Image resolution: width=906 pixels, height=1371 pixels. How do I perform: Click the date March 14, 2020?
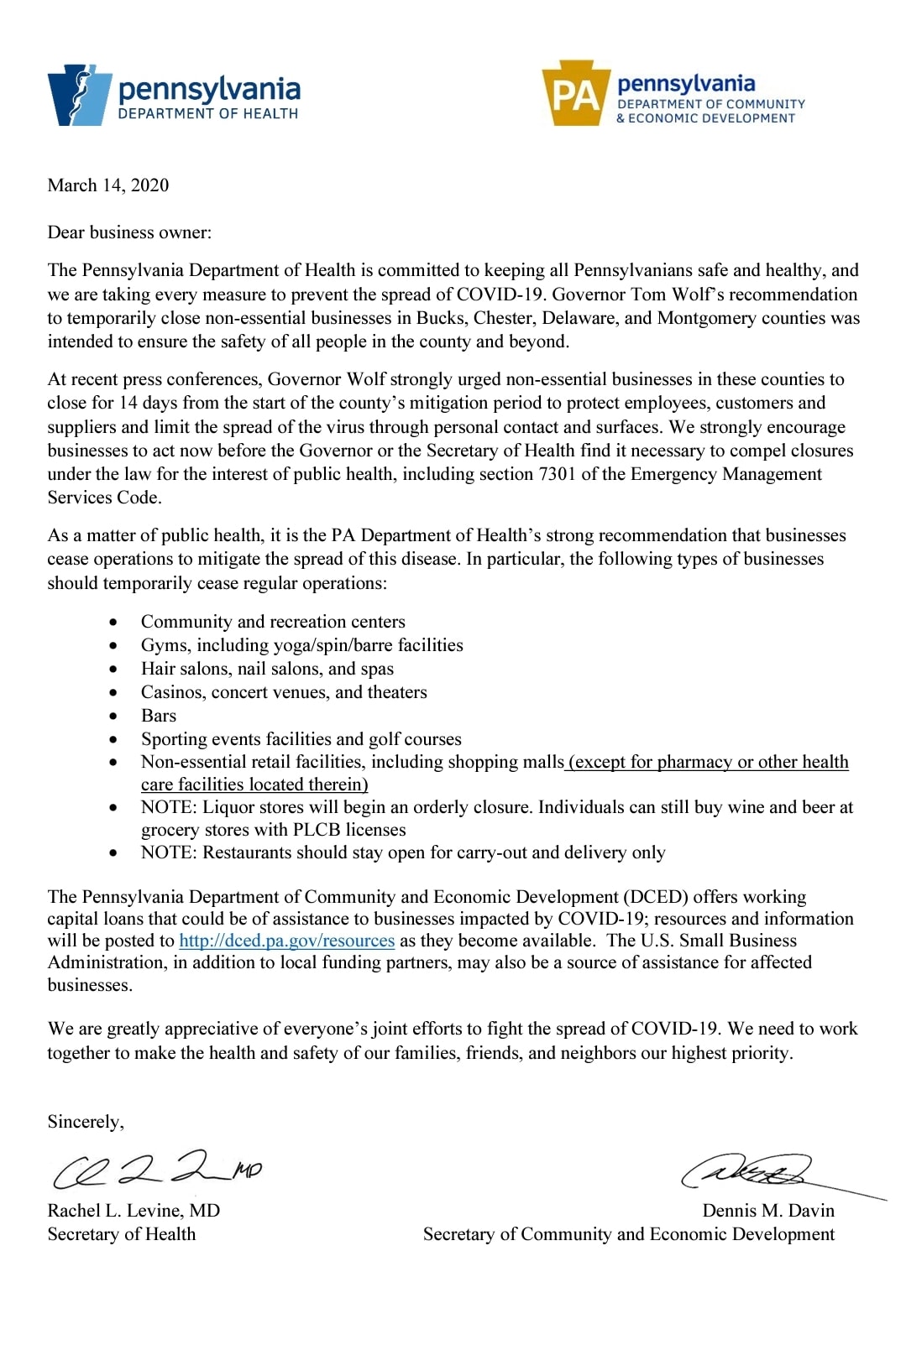(107, 185)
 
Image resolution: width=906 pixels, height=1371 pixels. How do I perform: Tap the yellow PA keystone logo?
(575, 94)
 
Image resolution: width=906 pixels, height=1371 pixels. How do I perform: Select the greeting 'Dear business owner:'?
(129, 232)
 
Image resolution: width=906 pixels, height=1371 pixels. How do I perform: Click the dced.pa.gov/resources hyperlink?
(286, 941)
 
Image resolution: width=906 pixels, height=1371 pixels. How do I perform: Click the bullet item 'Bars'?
(159, 716)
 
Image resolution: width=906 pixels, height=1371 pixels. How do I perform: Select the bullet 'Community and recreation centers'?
(273, 622)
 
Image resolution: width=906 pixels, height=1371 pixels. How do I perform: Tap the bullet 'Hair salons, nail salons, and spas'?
(267, 669)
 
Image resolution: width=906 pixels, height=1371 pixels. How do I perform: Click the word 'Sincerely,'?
(86, 1122)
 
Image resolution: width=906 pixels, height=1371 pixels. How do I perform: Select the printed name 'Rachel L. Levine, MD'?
(134, 1211)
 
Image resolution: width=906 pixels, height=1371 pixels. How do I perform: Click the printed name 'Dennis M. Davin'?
(768, 1211)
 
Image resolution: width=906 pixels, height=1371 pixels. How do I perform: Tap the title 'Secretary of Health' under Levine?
(122, 1234)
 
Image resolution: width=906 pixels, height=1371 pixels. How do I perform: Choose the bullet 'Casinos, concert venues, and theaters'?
(284, 692)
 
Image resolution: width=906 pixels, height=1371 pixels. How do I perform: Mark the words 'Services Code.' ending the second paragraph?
(104, 498)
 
